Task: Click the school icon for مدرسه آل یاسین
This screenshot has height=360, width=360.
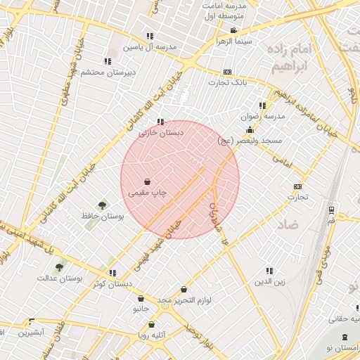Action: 149,36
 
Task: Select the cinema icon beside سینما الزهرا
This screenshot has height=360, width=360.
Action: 233,30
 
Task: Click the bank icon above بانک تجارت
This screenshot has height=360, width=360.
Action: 227,72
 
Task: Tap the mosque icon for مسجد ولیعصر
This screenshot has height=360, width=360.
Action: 250,129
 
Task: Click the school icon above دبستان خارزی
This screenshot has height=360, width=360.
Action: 161,121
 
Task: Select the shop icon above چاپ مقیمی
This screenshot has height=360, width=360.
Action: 146,181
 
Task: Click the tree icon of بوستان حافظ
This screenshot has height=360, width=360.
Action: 103,205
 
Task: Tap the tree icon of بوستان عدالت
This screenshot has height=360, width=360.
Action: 59,267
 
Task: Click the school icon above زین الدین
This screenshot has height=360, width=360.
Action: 269,271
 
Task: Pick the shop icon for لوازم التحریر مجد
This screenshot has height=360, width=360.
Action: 184,289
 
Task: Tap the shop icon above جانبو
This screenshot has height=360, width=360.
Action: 141,298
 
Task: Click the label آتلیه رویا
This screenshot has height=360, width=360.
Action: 153,335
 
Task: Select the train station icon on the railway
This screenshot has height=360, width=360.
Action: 330,210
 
